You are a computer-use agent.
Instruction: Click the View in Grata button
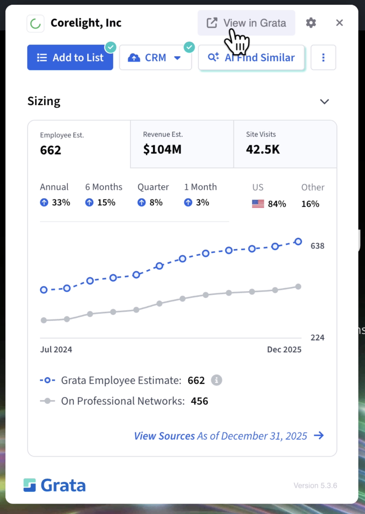pyautogui.click(x=246, y=23)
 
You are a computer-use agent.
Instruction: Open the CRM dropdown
pyautogui.click(x=155, y=57)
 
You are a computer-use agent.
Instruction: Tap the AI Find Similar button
pyautogui.click(x=251, y=57)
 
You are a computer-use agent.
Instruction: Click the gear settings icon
pyautogui.click(x=311, y=23)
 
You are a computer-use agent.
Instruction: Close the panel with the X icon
pyautogui.click(x=339, y=23)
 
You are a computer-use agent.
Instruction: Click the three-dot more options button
pyautogui.click(x=323, y=57)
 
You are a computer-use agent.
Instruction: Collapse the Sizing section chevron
pyautogui.click(x=324, y=101)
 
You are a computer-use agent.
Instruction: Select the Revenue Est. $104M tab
pyautogui.click(x=182, y=144)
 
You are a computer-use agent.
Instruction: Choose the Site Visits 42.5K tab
pyautogui.click(x=285, y=144)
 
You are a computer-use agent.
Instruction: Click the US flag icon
pyautogui.click(x=258, y=204)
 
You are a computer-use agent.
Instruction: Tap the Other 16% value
pyautogui.click(x=310, y=204)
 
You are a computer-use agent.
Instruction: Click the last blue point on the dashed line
pyautogui.click(x=298, y=242)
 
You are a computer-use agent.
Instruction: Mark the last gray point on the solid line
pyautogui.click(x=298, y=287)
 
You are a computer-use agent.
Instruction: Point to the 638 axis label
pyautogui.click(x=317, y=246)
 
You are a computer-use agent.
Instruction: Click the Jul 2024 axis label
pyautogui.click(x=56, y=349)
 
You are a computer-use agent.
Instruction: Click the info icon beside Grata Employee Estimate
pyautogui.click(x=216, y=380)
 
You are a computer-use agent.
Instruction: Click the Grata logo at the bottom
pyautogui.click(x=55, y=485)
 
